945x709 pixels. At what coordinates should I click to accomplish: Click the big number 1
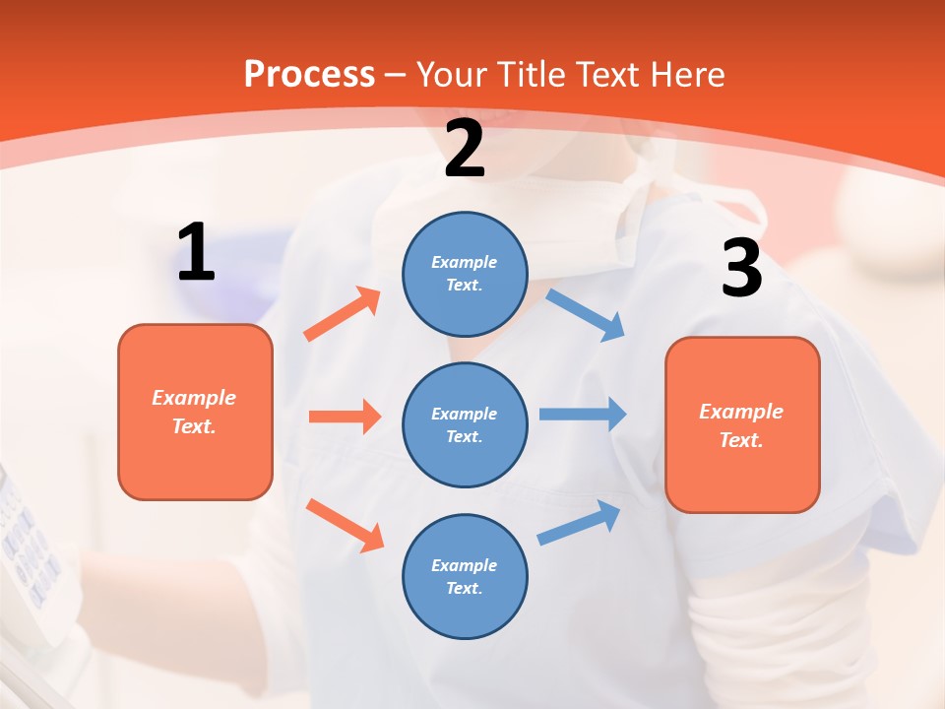coord(196,252)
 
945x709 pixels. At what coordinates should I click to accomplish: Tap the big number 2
coord(465,150)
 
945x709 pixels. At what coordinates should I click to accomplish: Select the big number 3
coord(742,269)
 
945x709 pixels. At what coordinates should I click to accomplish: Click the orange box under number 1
coord(195,412)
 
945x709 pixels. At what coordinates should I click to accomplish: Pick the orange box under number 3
coord(742,424)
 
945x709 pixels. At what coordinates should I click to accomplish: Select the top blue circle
coord(465,274)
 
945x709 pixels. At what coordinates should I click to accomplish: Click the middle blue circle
coord(465,424)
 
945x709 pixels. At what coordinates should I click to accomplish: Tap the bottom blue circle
coord(465,576)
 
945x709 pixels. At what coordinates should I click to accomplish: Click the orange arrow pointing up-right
coord(343,314)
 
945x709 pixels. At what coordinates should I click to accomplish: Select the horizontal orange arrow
coord(345,417)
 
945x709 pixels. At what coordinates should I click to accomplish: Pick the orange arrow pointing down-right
coord(345,525)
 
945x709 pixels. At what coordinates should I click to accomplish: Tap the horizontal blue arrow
coord(583,414)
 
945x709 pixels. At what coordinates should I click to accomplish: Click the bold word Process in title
coord(309,74)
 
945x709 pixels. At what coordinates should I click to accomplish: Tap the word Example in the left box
coord(194,398)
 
